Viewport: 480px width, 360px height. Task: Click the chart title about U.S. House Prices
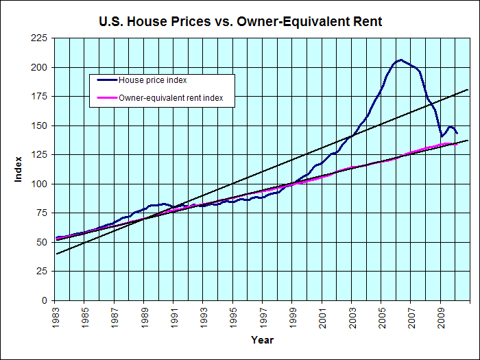(241, 22)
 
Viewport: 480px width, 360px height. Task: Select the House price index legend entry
(152, 80)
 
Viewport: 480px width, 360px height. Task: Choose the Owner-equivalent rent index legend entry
(176, 99)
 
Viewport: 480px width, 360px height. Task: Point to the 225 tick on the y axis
(38, 39)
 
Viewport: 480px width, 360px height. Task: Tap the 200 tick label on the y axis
(38, 68)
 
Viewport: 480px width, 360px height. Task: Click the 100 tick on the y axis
(38, 184)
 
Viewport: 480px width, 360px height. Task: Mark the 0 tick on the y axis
(44, 300)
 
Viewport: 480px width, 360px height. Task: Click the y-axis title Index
(19, 169)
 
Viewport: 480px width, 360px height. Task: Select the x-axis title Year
(262, 340)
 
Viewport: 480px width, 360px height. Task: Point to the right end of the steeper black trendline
(468, 89)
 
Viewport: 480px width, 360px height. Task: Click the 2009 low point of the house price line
(442, 136)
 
